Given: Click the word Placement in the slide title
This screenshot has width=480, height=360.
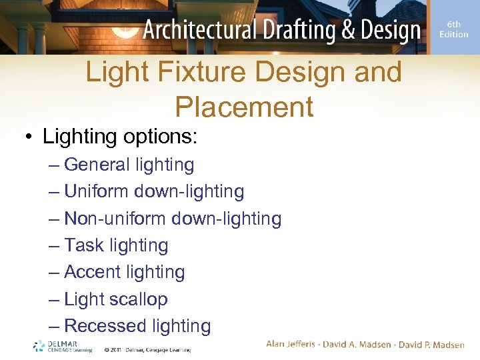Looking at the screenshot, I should [x=244, y=107].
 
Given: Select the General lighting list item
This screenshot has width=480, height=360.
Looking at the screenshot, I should [x=129, y=165].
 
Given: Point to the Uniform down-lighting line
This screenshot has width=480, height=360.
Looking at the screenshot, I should [x=154, y=191].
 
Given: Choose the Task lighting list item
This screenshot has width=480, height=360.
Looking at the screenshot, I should [x=116, y=245].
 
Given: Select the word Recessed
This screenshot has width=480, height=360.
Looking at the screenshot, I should [x=105, y=326].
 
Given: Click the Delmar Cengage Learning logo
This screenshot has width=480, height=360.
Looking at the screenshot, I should [x=63, y=345].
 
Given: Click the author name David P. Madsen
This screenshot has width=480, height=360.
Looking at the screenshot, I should [x=430, y=344].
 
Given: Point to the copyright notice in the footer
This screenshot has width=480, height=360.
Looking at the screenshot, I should [x=147, y=349].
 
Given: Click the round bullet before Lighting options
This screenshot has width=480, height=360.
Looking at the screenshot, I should [x=29, y=137].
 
